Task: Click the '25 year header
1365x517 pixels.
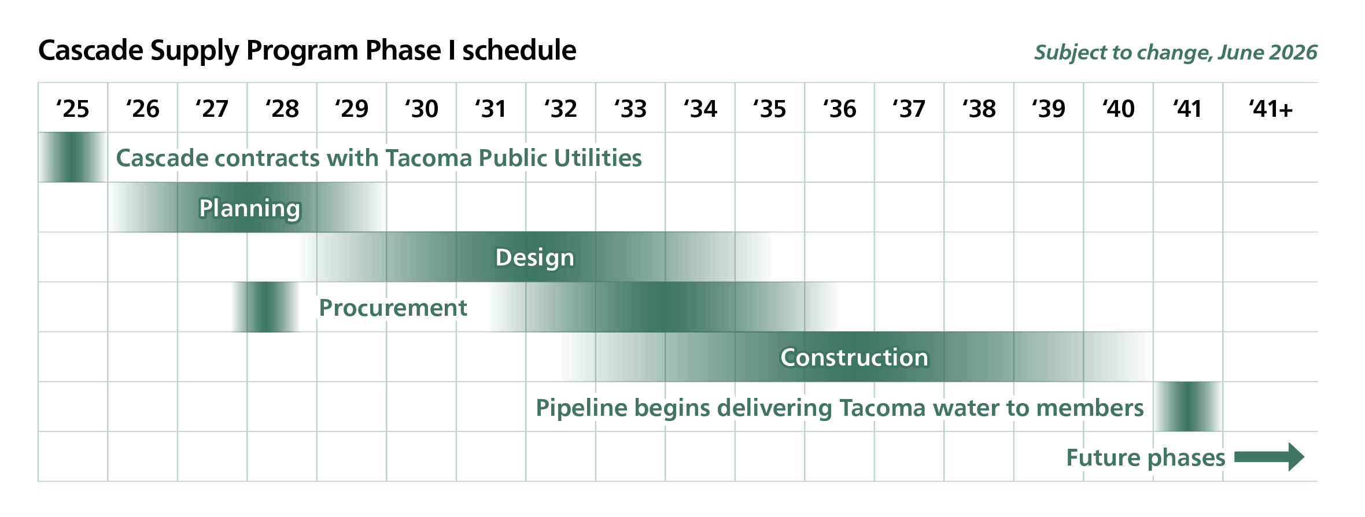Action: [73, 109]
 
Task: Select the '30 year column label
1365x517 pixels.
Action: [422, 109]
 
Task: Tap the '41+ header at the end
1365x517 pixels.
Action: [1270, 109]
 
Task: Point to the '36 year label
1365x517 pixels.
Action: [840, 109]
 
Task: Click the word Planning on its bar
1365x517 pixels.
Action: [250, 209]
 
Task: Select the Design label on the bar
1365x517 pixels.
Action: [535, 258]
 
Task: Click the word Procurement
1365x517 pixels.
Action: [393, 308]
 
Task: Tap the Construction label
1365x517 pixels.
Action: [854, 357]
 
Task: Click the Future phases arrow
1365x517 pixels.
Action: [1269, 457]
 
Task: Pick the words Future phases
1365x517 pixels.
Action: [1146, 458]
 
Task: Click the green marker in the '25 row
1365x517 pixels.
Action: [73, 157]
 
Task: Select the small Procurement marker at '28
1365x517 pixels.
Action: [266, 307]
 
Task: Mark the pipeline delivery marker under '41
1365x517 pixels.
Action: [1188, 407]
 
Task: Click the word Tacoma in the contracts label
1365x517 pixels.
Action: [429, 158]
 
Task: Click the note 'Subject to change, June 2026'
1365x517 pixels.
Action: [1176, 53]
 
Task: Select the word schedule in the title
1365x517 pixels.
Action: [519, 50]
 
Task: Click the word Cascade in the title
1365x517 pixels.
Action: [91, 50]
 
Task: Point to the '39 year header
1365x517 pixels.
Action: [1049, 109]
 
